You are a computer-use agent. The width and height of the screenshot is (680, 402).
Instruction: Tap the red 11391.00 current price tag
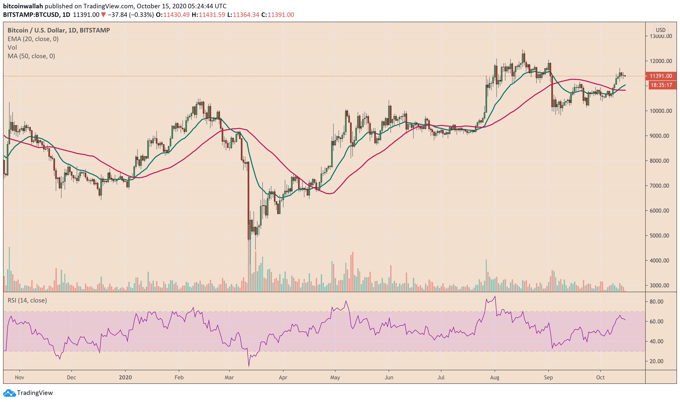[661, 76]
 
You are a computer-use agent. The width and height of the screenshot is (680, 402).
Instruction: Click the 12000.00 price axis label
[661, 61]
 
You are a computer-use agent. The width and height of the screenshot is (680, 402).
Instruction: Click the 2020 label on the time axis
[125, 378]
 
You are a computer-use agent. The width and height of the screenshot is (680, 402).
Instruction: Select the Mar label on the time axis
[229, 378]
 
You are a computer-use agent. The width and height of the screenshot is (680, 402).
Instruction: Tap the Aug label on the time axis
[495, 378]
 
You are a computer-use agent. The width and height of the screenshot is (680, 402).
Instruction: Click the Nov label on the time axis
[19, 378]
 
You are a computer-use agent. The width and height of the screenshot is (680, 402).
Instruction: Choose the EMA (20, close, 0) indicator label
[33, 39]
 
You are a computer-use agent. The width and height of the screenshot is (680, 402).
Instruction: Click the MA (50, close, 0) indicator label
[31, 56]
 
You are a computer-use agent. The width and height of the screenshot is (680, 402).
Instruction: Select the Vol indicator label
[12, 48]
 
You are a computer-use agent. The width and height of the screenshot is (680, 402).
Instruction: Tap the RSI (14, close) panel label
[27, 300]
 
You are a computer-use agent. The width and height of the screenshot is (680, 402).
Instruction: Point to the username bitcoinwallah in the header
[23, 6]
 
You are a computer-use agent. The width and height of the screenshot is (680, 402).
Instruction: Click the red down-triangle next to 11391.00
[103, 15]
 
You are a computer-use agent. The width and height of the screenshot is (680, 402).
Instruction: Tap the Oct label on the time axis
[601, 378]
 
